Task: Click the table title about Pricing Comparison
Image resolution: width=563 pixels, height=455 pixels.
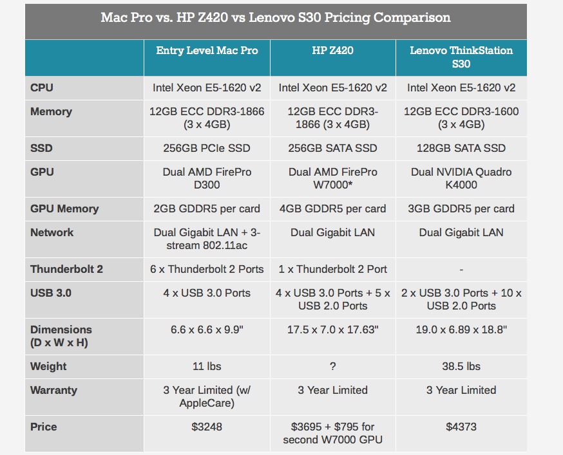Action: tap(276, 17)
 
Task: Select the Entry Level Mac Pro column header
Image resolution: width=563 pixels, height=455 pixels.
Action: tap(207, 51)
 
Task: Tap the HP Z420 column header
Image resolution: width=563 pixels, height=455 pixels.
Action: tap(332, 51)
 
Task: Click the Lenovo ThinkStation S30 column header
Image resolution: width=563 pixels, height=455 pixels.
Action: tap(461, 57)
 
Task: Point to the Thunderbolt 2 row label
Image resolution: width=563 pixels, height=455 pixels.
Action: tap(66, 269)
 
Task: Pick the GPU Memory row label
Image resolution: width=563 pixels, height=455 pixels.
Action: tap(64, 209)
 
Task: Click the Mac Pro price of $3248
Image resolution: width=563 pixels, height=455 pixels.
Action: tap(207, 427)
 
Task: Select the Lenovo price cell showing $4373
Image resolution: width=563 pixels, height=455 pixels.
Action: tap(461, 427)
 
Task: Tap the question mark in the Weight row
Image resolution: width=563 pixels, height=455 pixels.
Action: tap(332, 367)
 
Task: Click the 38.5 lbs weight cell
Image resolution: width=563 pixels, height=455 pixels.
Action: tap(461, 366)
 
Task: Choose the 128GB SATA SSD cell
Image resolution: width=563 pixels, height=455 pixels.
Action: tap(461, 148)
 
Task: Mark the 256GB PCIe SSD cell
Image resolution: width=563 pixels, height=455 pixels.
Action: tap(207, 148)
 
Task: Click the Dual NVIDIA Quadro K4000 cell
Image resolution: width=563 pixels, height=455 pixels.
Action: tap(461, 178)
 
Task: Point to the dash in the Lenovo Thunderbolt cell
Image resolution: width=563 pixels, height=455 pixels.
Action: tap(461, 270)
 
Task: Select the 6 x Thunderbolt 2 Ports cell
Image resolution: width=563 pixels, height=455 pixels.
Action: tap(207, 269)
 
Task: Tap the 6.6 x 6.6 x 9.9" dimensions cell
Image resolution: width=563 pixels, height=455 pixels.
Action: tap(207, 330)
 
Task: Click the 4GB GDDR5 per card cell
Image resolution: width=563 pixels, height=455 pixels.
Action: tap(332, 209)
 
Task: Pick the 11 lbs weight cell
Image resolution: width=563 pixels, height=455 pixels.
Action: tap(207, 366)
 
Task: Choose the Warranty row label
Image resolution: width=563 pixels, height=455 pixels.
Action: tap(53, 390)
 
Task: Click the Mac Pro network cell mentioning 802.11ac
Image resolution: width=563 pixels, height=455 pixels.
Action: tap(207, 239)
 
